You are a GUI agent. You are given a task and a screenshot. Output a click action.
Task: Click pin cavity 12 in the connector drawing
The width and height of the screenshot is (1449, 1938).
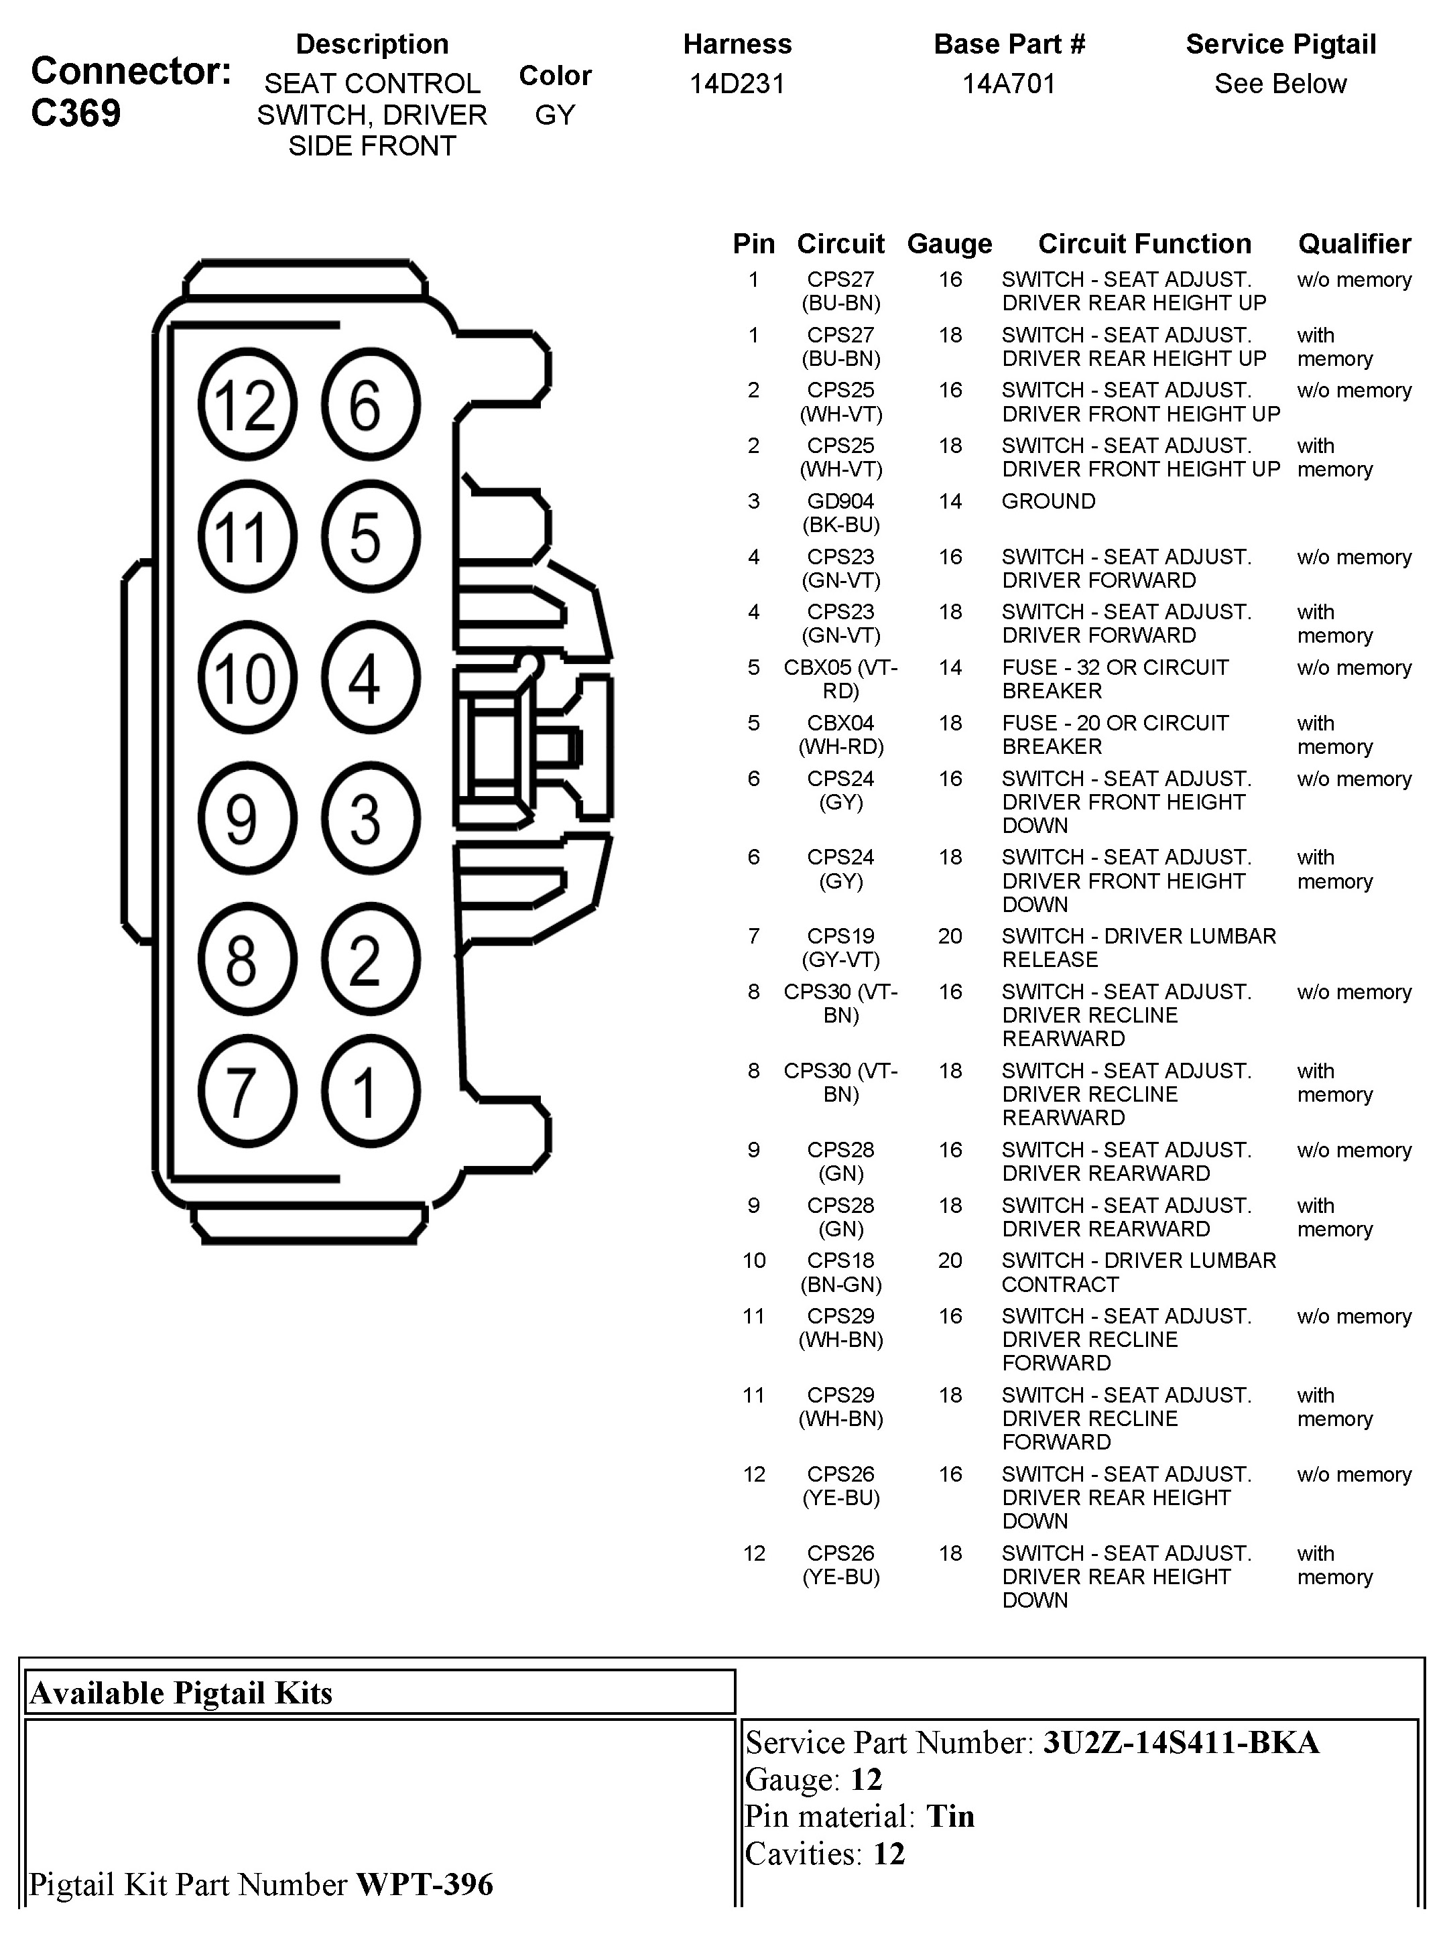(247, 405)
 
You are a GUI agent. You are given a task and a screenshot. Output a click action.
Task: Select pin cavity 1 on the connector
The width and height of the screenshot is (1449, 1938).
(371, 1092)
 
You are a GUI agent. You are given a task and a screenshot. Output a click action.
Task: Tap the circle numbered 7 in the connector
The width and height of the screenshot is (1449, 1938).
(247, 1092)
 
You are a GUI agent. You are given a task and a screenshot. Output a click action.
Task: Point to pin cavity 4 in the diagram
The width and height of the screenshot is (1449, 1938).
(371, 678)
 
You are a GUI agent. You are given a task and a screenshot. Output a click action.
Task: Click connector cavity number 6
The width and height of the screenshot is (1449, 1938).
(371, 405)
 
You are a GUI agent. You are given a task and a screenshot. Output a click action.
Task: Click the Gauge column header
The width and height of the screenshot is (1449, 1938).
(949, 243)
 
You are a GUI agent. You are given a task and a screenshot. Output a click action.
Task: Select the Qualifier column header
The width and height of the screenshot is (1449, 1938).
(1354, 243)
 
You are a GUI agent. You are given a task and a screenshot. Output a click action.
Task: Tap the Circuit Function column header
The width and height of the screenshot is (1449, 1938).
(1144, 243)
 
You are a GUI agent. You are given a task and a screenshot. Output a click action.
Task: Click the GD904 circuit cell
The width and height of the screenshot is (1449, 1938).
(840, 502)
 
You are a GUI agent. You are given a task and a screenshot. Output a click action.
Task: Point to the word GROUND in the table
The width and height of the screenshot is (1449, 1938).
(1048, 502)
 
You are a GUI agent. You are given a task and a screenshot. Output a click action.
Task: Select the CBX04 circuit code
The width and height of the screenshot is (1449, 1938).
(840, 724)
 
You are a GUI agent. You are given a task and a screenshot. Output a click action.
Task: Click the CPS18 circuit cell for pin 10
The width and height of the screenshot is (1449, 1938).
(840, 1261)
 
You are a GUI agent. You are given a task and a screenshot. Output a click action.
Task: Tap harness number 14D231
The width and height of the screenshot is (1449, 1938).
(737, 84)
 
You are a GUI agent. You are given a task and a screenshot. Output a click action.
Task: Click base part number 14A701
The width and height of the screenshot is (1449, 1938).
(1009, 84)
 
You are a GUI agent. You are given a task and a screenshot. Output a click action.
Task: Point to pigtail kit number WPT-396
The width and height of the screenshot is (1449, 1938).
(424, 1884)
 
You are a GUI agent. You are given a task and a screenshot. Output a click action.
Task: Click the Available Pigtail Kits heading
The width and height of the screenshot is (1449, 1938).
(182, 1693)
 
